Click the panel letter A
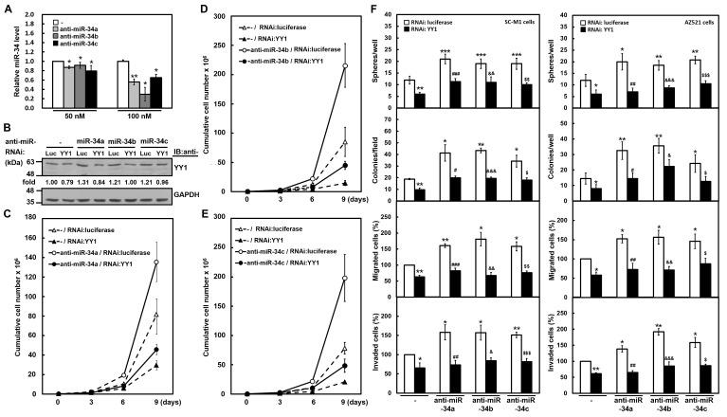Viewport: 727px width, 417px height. click(x=7, y=8)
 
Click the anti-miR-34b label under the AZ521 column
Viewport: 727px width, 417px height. click(x=659, y=400)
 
